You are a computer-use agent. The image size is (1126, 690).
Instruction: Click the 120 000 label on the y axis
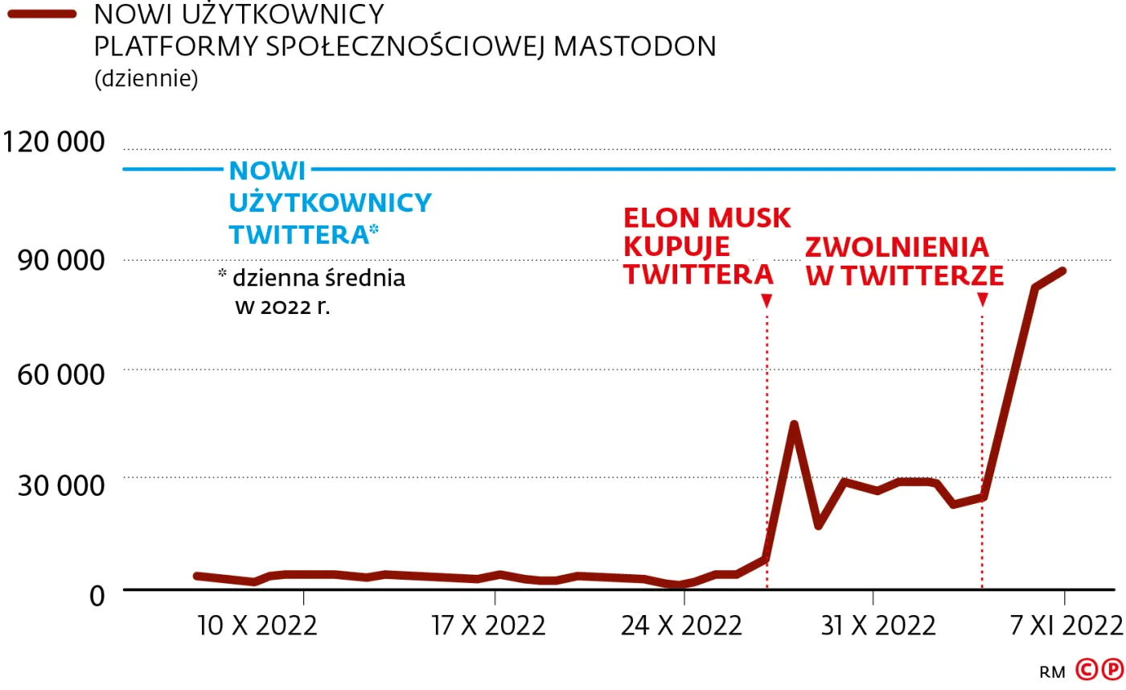coord(55,143)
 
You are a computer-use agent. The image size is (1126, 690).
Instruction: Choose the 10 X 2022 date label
coord(257,626)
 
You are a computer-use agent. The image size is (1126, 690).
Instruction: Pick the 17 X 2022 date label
coord(489,626)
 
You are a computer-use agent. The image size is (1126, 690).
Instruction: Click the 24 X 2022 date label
coord(680,626)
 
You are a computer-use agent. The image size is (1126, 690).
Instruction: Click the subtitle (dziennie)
coord(146,80)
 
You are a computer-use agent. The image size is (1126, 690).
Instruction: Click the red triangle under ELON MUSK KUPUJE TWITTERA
coord(766,300)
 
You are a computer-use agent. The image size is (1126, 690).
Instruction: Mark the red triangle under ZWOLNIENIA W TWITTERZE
coord(982,300)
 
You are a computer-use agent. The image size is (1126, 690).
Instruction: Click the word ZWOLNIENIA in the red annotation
coord(897,247)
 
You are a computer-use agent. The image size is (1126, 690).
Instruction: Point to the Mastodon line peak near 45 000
coord(794,424)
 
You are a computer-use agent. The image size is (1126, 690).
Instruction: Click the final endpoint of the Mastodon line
coord(1063,271)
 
